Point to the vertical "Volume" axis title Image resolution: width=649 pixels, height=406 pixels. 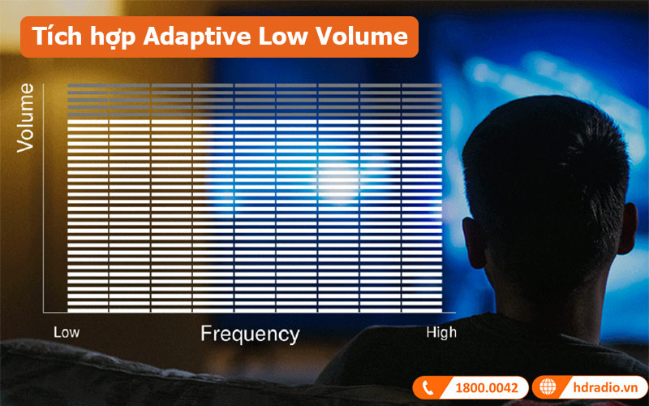coord(26,117)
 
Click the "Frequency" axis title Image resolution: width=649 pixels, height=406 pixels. coord(250,334)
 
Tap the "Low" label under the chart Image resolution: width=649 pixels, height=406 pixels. coord(66,332)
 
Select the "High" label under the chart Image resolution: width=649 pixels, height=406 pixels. coord(441,332)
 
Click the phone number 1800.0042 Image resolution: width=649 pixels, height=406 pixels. coord(485,387)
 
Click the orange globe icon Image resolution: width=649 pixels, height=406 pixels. coord(548,387)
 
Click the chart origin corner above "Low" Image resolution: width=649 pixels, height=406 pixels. coord(45,312)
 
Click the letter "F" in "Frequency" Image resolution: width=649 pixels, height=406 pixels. coord(206,334)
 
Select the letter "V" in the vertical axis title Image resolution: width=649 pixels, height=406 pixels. coord(26,145)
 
